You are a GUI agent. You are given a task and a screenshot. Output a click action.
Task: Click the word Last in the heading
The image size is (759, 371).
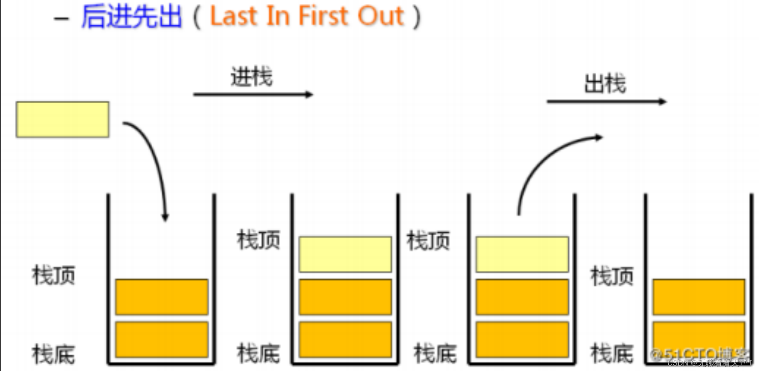pyautogui.click(x=233, y=17)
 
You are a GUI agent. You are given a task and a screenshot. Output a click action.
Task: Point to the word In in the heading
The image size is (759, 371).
pyautogui.click(x=275, y=17)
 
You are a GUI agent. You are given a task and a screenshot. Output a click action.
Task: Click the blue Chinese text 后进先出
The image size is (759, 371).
pyautogui.click(x=131, y=17)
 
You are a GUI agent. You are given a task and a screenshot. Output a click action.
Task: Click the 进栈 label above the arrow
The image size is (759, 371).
pyautogui.click(x=252, y=77)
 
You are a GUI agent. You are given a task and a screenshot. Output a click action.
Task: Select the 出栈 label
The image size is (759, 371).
pyautogui.click(x=605, y=84)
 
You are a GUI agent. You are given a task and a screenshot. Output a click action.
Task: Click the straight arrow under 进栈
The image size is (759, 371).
pyautogui.click(x=253, y=95)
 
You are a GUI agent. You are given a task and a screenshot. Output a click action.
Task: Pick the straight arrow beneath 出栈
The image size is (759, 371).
pyautogui.click(x=606, y=101)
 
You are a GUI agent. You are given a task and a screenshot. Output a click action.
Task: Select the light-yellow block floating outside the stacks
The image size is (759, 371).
pyautogui.click(x=62, y=120)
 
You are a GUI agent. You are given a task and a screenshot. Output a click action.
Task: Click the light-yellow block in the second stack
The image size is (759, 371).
pyautogui.click(x=345, y=254)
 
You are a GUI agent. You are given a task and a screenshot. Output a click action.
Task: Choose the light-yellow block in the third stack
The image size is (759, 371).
pyautogui.click(x=522, y=254)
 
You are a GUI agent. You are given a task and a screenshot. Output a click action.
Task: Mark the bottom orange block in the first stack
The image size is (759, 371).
pyautogui.click(x=161, y=339)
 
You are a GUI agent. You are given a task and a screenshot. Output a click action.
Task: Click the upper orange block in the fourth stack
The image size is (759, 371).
pyautogui.click(x=699, y=297)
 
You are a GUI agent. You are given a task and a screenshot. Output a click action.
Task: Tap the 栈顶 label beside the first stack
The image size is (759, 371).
pyautogui.click(x=54, y=276)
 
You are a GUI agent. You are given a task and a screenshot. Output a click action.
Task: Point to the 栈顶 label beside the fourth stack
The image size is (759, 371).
pyautogui.click(x=612, y=276)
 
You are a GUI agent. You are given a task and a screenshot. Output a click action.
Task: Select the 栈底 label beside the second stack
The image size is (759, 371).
pyautogui.click(x=258, y=354)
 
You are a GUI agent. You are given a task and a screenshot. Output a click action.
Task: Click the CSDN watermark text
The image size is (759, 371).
pyautogui.click(x=709, y=363)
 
